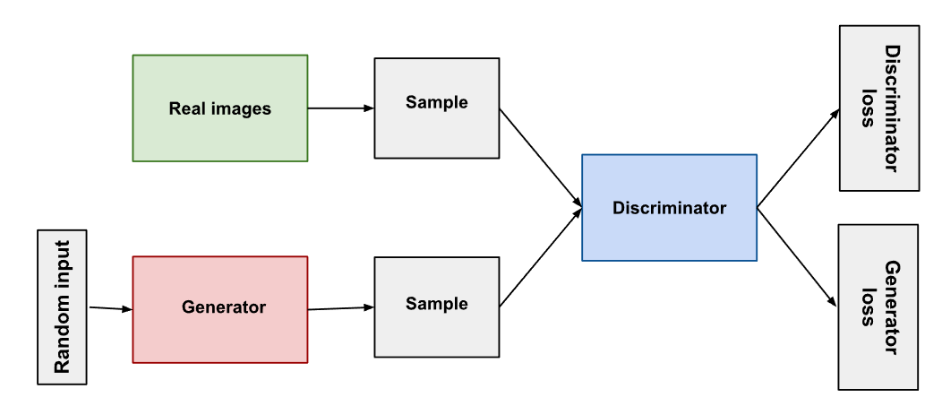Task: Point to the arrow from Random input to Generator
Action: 111,308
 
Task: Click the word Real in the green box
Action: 185,109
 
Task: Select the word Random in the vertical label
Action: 63,339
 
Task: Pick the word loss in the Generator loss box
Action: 867,307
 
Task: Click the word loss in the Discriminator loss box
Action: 867,108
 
